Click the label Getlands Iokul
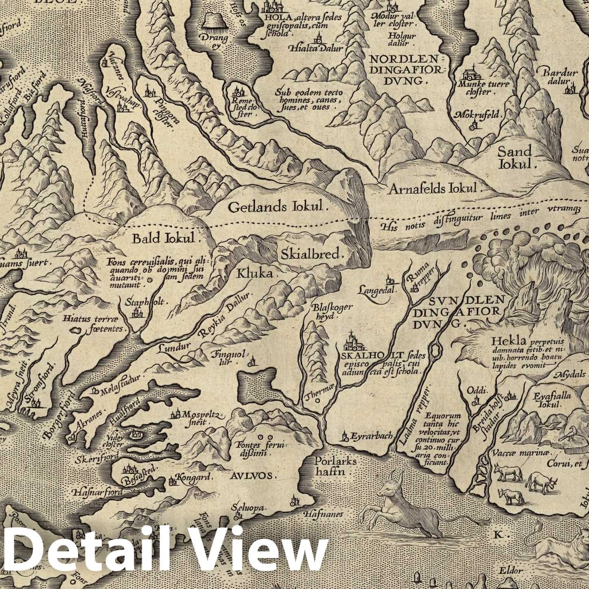[x=278, y=207]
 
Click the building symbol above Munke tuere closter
[x=473, y=73]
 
